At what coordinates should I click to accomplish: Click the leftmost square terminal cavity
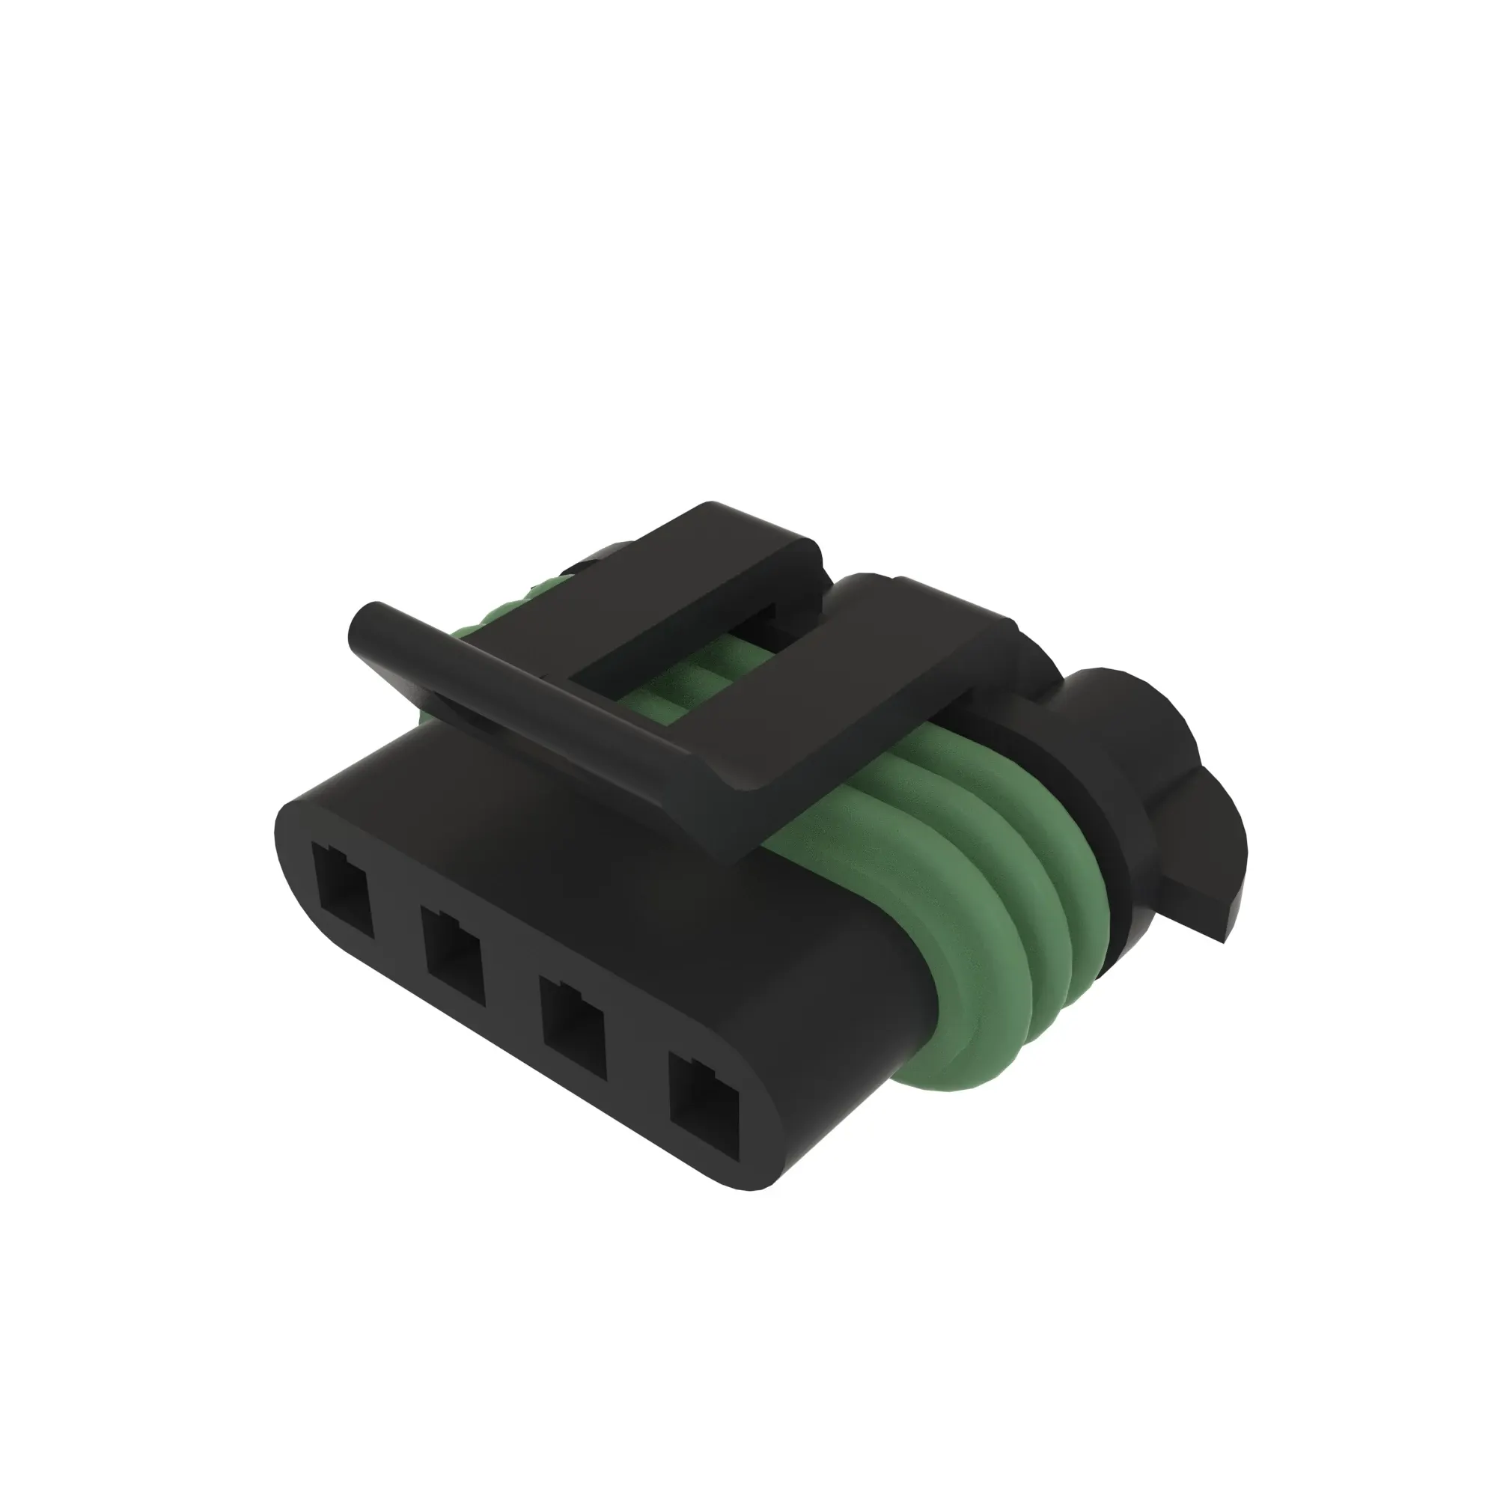(343, 891)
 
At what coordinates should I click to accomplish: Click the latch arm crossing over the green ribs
(868, 682)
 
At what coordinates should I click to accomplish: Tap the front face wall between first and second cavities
(397, 922)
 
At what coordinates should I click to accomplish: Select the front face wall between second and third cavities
(511, 992)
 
